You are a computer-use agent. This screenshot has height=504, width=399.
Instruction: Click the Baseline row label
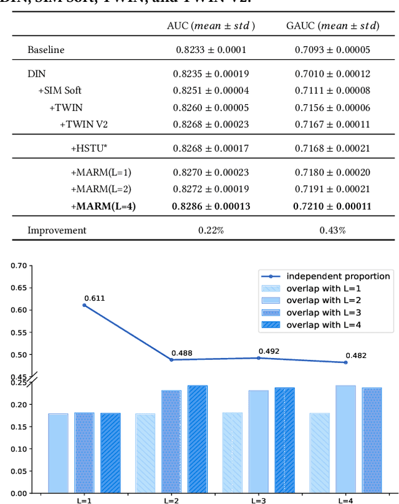click(46, 49)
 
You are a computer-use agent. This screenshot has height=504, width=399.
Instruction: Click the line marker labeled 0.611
click(84, 305)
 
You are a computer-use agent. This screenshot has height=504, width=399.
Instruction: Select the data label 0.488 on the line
click(181, 353)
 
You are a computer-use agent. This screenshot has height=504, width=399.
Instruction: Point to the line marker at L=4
click(345, 362)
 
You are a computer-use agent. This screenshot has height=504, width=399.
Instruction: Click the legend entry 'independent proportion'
click(338, 276)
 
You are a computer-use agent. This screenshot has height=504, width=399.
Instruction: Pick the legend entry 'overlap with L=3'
click(324, 313)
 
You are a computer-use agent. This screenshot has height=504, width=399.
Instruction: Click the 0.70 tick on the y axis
click(19, 266)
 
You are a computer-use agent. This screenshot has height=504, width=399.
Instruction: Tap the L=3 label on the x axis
click(257, 500)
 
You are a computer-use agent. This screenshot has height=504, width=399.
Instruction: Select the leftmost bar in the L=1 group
click(58, 453)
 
